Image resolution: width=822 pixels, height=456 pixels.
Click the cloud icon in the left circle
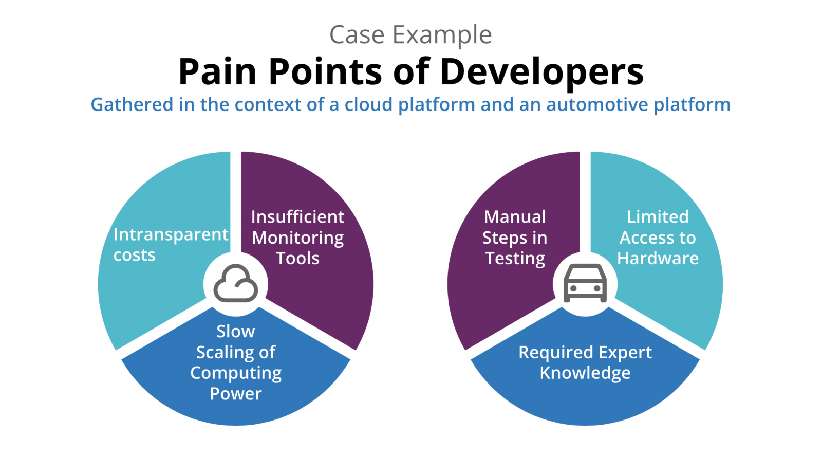pos(236,283)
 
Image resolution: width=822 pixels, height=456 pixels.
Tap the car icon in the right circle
pos(585,283)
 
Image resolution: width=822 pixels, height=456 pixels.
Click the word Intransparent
pos(171,234)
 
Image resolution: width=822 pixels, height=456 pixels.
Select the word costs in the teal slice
pos(134,255)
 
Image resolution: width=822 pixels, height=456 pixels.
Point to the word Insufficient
pos(297,216)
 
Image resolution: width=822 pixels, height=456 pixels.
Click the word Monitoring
pos(297,238)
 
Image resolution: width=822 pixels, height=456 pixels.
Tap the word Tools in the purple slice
pos(297,258)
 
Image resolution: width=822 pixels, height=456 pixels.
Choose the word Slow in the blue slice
pos(235,331)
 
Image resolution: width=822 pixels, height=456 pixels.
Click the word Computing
pos(235,373)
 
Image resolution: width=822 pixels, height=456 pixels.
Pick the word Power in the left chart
pos(235,393)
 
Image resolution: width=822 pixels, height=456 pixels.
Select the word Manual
pos(515,216)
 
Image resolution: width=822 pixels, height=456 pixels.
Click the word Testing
pos(515,258)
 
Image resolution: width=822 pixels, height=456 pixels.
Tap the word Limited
pos(657,216)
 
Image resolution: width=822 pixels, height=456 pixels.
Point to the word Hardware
pos(657,258)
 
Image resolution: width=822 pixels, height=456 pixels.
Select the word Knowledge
pos(585,373)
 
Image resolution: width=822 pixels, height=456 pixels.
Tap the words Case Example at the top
pos(410,35)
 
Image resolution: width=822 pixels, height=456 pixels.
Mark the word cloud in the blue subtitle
pos(368,104)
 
